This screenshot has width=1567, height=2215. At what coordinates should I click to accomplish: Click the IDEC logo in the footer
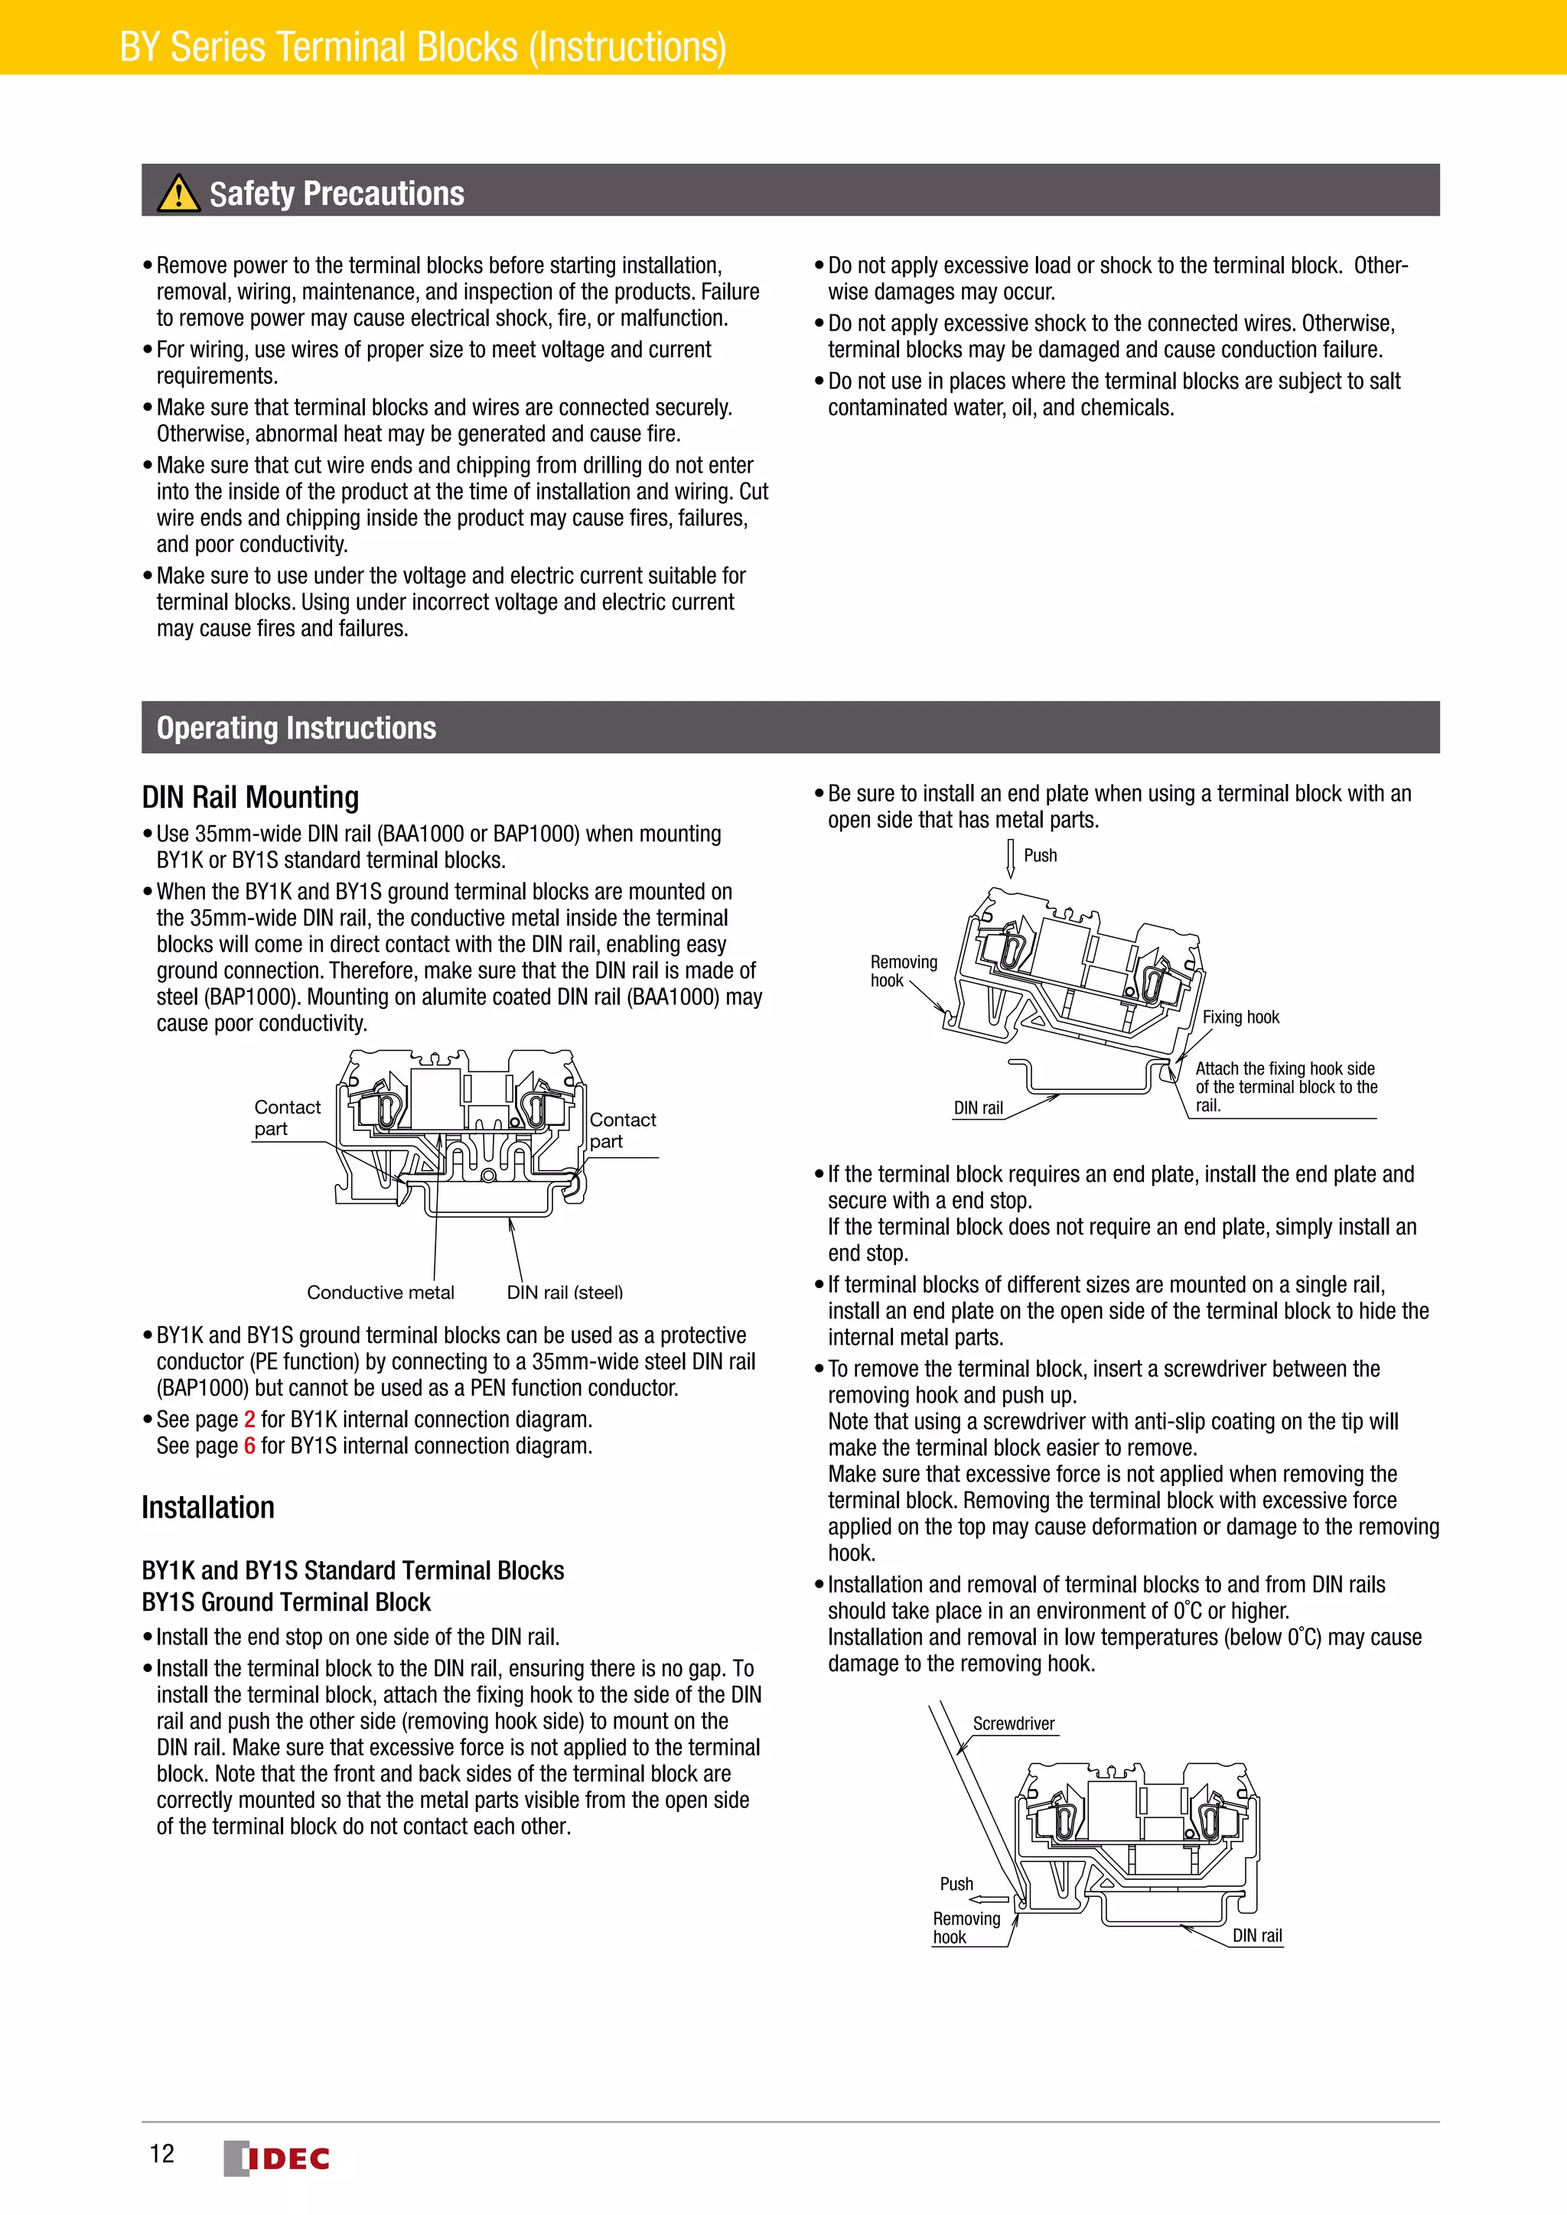pyautogui.click(x=277, y=2158)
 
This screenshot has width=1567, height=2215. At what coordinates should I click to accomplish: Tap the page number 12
pyautogui.click(x=162, y=2153)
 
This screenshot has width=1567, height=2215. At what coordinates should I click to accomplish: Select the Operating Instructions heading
pyautogui.click(x=296, y=727)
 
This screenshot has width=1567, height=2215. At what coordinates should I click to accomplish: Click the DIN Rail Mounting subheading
pyautogui.click(x=250, y=797)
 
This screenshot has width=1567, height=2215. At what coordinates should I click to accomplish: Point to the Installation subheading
pyautogui.click(x=207, y=1507)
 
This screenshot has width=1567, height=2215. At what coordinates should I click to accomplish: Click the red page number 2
pyautogui.click(x=250, y=1419)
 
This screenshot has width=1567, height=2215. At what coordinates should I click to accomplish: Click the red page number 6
pyautogui.click(x=250, y=1445)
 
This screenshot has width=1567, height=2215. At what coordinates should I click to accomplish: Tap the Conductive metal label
pyautogui.click(x=380, y=1292)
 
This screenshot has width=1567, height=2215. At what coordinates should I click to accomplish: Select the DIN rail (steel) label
pyautogui.click(x=565, y=1292)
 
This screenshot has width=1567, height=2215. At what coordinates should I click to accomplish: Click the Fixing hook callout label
pyautogui.click(x=1240, y=1016)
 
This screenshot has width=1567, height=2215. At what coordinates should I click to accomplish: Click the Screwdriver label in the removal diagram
pyautogui.click(x=1013, y=1723)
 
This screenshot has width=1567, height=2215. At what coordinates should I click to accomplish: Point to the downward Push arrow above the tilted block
pyautogui.click(x=1010, y=857)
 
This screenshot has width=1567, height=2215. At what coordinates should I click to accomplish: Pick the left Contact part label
pyautogui.click(x=287, y=1117)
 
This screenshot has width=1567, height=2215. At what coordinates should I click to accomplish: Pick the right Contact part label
pyautogui.click(x=621, y=1130)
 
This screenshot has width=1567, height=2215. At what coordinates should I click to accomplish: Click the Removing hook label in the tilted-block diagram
pyautogui.click(x=903, y=971)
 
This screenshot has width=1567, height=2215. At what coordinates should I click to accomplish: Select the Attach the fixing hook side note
pyautogui.click(x=1285, y=1086)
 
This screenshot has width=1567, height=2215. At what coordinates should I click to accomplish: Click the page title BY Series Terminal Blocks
pyautogui.click(x=422, y=47)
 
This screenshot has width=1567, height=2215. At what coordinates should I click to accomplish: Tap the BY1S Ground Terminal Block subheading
pyautogui.click(x=285, y=1602)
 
